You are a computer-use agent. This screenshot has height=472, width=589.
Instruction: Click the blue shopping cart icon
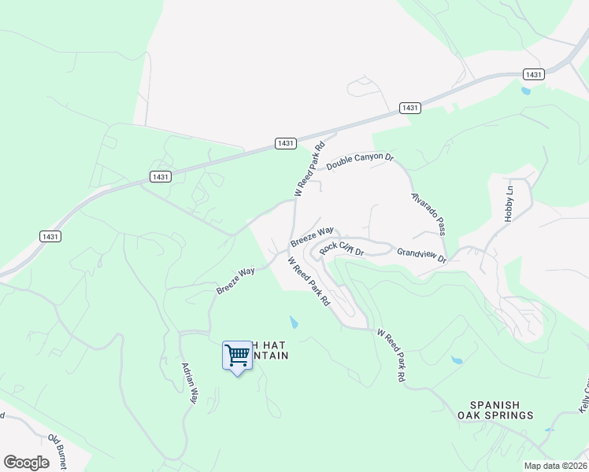[236, 356]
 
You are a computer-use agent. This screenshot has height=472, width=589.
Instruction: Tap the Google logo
[26, 463]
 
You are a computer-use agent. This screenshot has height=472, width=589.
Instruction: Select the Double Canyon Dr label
[360, 161]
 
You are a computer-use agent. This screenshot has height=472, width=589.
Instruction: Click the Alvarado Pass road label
[428, 214]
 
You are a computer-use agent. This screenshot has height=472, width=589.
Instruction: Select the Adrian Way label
[189, 383]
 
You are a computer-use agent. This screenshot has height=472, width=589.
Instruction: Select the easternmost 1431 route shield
[533, 74]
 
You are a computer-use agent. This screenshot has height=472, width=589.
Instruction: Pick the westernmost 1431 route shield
[50, 236]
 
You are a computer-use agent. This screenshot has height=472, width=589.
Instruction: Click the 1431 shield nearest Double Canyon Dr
[286, 142]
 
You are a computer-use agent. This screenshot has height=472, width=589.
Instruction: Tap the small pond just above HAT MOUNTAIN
[294, 323]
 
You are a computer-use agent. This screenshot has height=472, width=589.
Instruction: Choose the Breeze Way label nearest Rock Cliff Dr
[312, 236]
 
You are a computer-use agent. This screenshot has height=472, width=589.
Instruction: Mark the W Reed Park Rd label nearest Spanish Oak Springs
[391, 356]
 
